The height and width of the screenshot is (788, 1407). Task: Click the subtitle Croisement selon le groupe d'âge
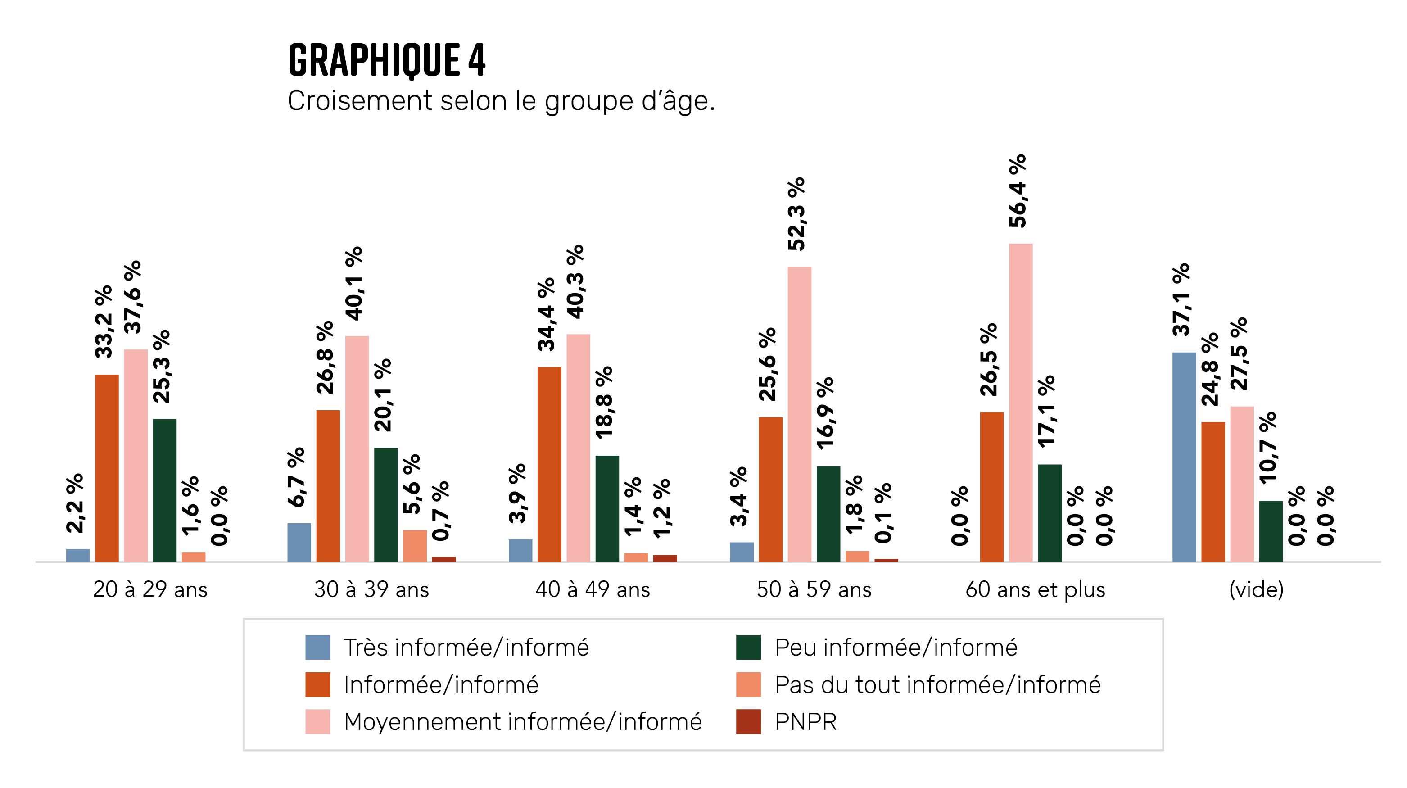[x=501, y=101]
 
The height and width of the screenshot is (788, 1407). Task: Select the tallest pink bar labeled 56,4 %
[x=1020, y=403]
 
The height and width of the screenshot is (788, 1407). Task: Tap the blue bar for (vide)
[x=1184, y=457]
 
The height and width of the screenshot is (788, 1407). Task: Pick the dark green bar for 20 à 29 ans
[x=164, y=490]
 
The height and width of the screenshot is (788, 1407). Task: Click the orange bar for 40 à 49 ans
[x=549, y=464]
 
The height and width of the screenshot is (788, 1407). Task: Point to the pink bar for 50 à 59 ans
[x=799, y=414]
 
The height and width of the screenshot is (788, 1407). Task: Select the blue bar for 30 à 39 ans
[x=299, y=542]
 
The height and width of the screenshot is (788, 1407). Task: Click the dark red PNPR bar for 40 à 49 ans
[x=665, y=558]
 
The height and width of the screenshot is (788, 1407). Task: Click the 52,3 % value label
[x=796, y=213]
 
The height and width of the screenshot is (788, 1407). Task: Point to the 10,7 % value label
[x=1268, y=448]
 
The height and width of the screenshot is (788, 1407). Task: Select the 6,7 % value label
[x=296, y=477]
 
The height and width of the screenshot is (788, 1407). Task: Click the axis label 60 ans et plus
[x=1035, y=590]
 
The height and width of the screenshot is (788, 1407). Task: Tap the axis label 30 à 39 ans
[x=371, y=590]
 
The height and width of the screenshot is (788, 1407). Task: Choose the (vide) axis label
[x=1256, y=590]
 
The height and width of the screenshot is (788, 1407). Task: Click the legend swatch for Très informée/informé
[x=317, y=647]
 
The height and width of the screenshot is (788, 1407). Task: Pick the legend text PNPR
[x=805, y=722]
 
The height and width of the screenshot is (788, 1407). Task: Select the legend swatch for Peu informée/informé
[x=748, y=647]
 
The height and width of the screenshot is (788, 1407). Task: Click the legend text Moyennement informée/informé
[x=522, y=722]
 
